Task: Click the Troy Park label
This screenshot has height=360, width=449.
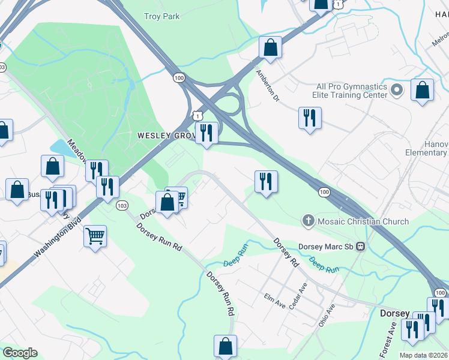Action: pos(162,17)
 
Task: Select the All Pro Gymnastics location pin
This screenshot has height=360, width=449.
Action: pos(396,91)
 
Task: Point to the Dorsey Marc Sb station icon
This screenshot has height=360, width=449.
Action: pos(361,247)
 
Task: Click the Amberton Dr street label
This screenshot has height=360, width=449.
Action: pos(268,85)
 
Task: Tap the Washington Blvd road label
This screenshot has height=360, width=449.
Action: pos(58,236)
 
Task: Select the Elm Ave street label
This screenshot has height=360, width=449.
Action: pos(275,301)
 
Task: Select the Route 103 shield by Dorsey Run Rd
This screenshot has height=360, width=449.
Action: pos(122,205)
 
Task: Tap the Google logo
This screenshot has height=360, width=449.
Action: pos(20,352)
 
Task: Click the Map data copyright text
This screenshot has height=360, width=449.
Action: pos(424,355)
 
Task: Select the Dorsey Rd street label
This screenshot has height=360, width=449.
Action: pos(286,252)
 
